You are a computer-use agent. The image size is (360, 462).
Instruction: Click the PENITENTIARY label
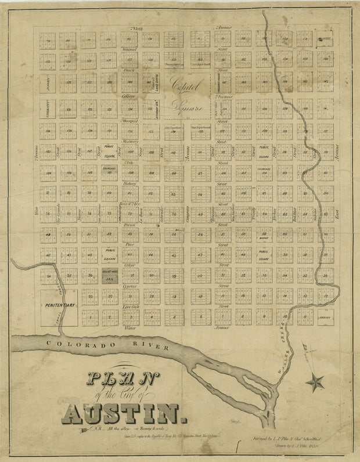point(59,304)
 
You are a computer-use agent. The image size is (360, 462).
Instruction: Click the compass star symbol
point(316,382)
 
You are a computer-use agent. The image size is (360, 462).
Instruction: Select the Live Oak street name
point(130,306)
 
